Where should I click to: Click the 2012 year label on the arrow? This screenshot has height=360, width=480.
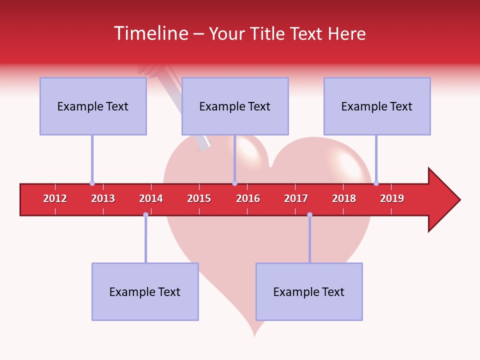click(55, 198)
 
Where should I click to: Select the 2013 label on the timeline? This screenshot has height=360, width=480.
click(103, 198)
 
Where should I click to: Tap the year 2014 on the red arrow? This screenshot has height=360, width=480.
click(151, 198)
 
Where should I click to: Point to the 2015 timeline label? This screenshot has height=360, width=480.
click(199, 198)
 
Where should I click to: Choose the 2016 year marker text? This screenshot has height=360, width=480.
click(248, 198)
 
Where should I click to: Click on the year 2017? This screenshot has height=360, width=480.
click(296, 198)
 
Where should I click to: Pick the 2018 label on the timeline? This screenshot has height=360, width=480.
click(344, 198)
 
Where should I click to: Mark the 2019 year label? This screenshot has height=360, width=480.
click(392, 198)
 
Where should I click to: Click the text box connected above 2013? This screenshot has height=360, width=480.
click(93, 106)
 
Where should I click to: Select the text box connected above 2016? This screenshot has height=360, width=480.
click(235, 106)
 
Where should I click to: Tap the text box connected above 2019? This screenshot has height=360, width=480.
click(377, 106)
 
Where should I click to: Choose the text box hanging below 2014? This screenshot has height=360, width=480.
click(145, 292)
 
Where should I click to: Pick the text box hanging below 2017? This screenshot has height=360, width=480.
click(309, 292)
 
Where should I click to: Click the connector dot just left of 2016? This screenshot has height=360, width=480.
click(234, 183)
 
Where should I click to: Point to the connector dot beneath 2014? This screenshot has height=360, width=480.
click(145, 214)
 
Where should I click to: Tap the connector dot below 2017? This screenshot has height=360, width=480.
click(309, 214)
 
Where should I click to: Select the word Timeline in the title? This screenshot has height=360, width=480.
click(151, 33)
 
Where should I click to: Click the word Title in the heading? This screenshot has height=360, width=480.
click(269, 33)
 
